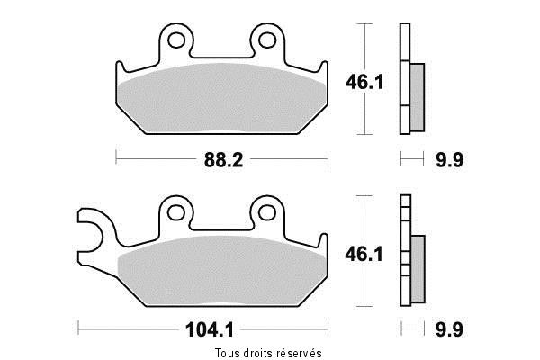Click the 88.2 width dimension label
222,160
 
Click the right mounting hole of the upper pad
266,40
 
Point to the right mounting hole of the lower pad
266,213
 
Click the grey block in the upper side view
418,94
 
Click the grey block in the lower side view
418,267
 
